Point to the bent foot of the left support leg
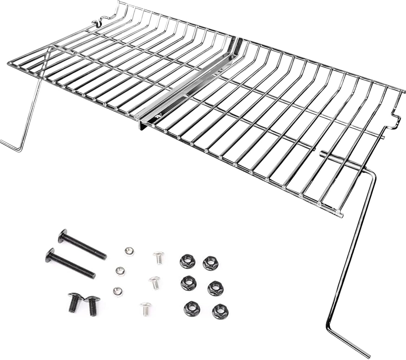click(x=11, y=145)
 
